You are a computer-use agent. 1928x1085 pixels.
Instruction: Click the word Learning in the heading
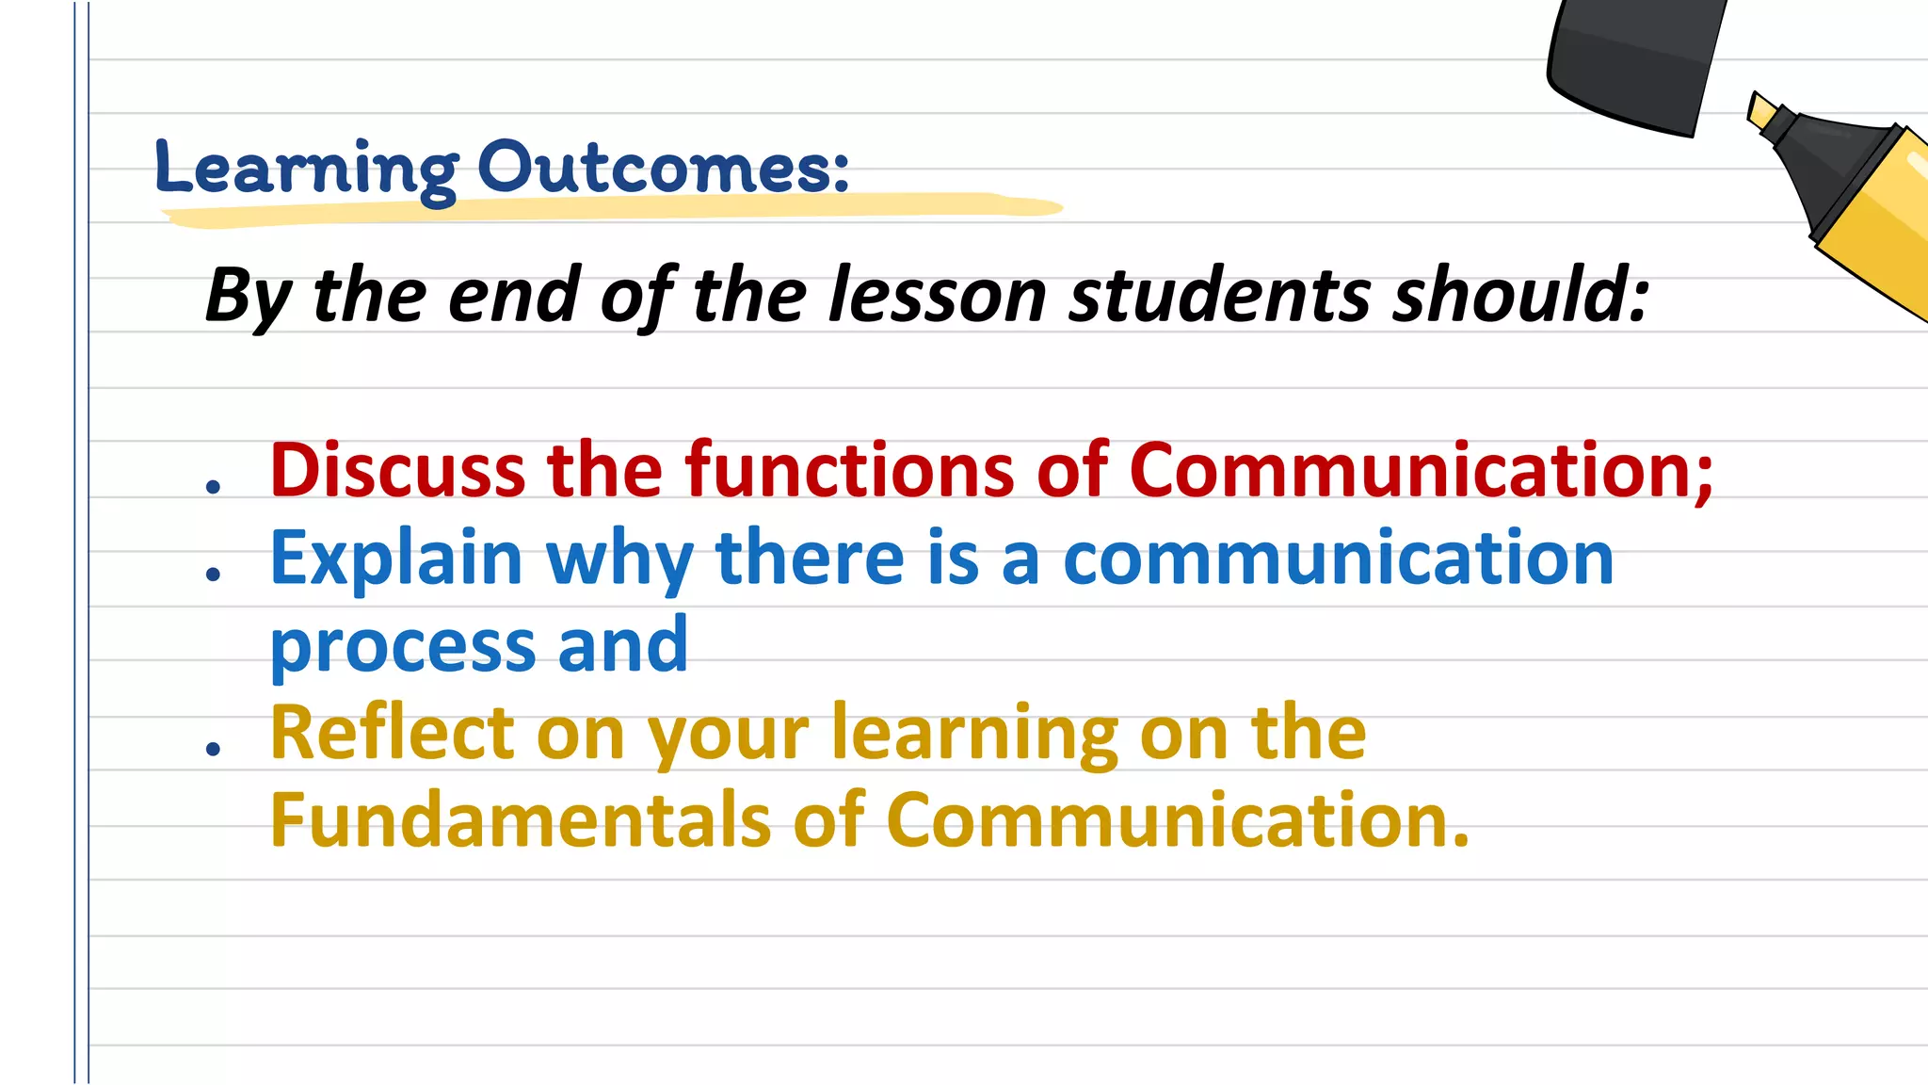[307, 170]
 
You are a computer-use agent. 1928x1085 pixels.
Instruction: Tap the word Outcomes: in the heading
[663, 169]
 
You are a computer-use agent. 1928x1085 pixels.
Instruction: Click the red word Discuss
[396, 470]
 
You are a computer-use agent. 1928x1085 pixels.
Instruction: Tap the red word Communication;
[1421, 470]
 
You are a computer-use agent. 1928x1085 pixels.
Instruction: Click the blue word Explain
[395, 559]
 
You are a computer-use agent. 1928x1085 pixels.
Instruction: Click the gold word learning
[973, 735]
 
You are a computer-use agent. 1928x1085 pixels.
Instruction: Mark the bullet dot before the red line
[214, 486]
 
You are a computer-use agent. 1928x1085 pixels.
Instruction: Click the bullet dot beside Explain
[214, 574]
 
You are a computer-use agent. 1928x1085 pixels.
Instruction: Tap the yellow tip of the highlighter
[1760, 111]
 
